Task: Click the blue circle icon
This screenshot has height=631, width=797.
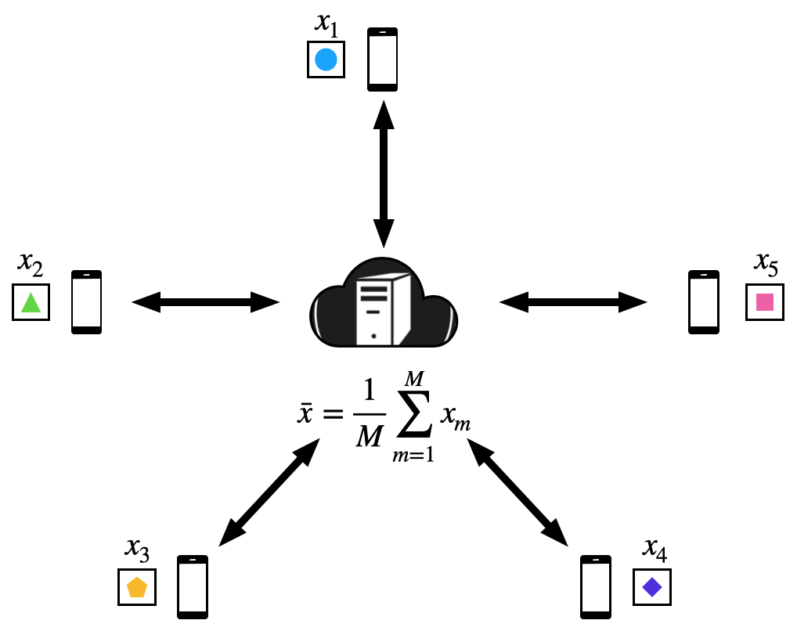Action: click(326, 59)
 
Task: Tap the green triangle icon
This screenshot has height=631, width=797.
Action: click(31, 302)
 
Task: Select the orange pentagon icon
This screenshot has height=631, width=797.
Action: click(137, 586)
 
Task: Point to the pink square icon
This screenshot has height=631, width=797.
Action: click(764, 302)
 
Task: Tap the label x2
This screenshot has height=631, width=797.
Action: click(31, 266)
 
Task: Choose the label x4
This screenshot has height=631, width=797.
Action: click(655, 550)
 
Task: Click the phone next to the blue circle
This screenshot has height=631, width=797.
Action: click(383, 59)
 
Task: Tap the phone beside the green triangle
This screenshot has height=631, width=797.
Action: click(86, 302)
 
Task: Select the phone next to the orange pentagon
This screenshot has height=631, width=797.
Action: click(193, 586)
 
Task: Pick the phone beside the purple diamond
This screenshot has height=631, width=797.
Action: click(595, 586)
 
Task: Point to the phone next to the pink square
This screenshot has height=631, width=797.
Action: click(703, 302)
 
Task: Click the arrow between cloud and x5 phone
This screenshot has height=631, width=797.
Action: click(572, 301)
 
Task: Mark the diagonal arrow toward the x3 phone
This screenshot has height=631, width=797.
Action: click(269, 492)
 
